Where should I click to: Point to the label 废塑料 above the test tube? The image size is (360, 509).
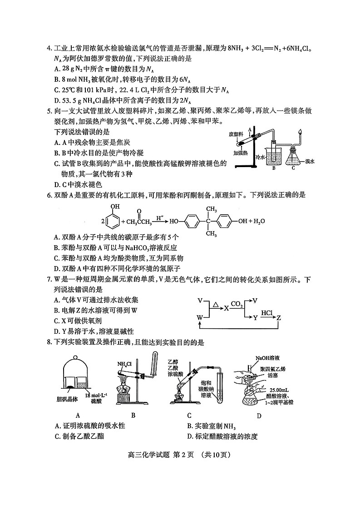[235, 134]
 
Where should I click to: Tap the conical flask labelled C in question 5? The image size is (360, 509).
[293, 156]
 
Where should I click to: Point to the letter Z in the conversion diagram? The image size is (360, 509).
[279, 318]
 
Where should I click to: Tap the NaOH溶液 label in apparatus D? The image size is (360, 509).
[269, 358]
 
